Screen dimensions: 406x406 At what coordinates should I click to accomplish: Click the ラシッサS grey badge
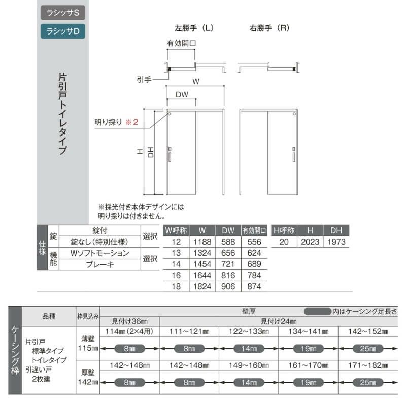pos(63,12)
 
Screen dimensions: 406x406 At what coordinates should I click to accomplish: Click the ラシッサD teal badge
pos(63,31)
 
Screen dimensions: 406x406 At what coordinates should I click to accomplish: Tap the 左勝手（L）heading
pos(194,28)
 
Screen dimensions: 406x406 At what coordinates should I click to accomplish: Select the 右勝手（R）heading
pos(269,28)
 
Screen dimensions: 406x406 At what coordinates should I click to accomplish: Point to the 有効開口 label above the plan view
pos(181,43)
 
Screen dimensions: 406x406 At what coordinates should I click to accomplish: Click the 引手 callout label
pos(144,80)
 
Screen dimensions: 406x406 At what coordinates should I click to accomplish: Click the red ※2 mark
pos(131,122)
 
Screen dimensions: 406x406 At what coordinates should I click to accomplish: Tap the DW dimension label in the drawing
pos(182,95)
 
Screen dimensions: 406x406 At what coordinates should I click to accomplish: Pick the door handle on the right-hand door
pos(294,154)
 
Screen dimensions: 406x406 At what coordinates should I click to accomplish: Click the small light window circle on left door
pos(170,114)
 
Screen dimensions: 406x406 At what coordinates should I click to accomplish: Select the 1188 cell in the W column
pos(202,242)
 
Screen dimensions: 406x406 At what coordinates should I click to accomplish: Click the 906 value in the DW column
pos(228,287)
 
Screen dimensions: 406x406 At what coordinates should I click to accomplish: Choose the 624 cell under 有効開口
pos(254,253)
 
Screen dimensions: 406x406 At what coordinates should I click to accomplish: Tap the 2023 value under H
pos(310,242)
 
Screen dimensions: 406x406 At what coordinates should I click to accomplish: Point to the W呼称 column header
pos(176,230)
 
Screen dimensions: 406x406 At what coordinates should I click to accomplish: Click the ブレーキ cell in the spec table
pos(100,264)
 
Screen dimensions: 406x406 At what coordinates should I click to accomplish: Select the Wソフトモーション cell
pos(100,253)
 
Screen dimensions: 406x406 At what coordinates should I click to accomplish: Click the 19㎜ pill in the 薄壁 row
pos(309,349)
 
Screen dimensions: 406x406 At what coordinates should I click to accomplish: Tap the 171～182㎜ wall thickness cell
pos(368,365)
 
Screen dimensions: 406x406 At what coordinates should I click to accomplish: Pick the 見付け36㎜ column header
pos(129,321)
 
